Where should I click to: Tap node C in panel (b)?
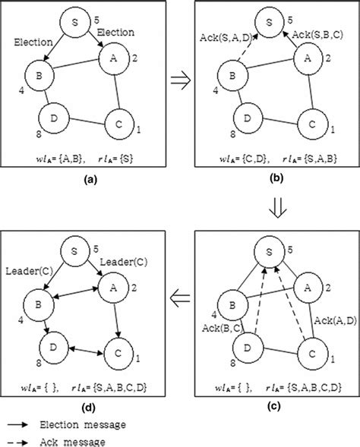[311, 121]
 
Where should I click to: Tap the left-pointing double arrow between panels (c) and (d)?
[180, 300]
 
